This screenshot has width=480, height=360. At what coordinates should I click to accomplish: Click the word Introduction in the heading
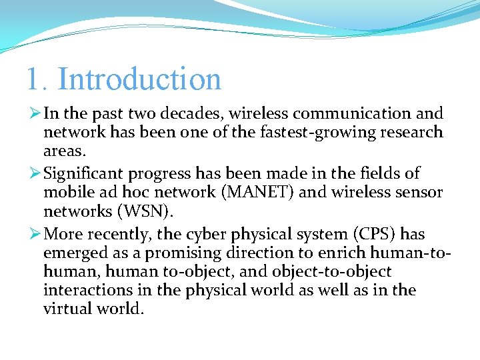[x=139, y=79]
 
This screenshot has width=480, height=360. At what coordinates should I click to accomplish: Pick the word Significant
[x=84, y=174]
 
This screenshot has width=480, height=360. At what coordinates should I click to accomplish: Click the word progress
[x=160, y=174]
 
